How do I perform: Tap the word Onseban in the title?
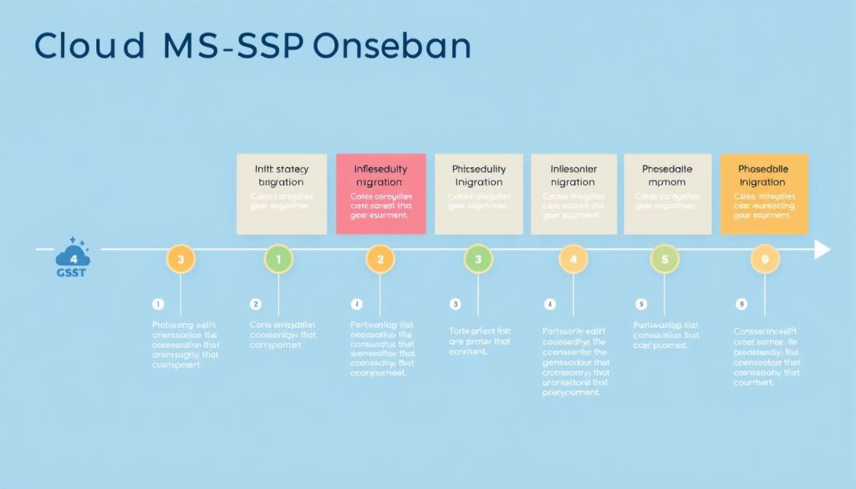coord(391,47)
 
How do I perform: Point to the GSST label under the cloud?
coord(73,272)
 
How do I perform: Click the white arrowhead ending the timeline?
coord(823,250)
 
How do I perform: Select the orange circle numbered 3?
coord(181,259)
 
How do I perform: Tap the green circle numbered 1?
coord(278,259)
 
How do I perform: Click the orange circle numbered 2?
coord(380,259)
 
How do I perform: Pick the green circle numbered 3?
coord(478,259)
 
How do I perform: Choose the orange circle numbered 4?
coord(573,259)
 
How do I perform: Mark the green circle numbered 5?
coord(665,259)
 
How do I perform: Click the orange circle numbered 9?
coord(764,259)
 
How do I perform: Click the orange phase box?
coord(764,194)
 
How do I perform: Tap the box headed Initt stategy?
coord(280,194)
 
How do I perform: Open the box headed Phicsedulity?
coord(478,194)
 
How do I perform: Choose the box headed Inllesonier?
coord(573,194)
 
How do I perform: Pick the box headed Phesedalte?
coord(667,194)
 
